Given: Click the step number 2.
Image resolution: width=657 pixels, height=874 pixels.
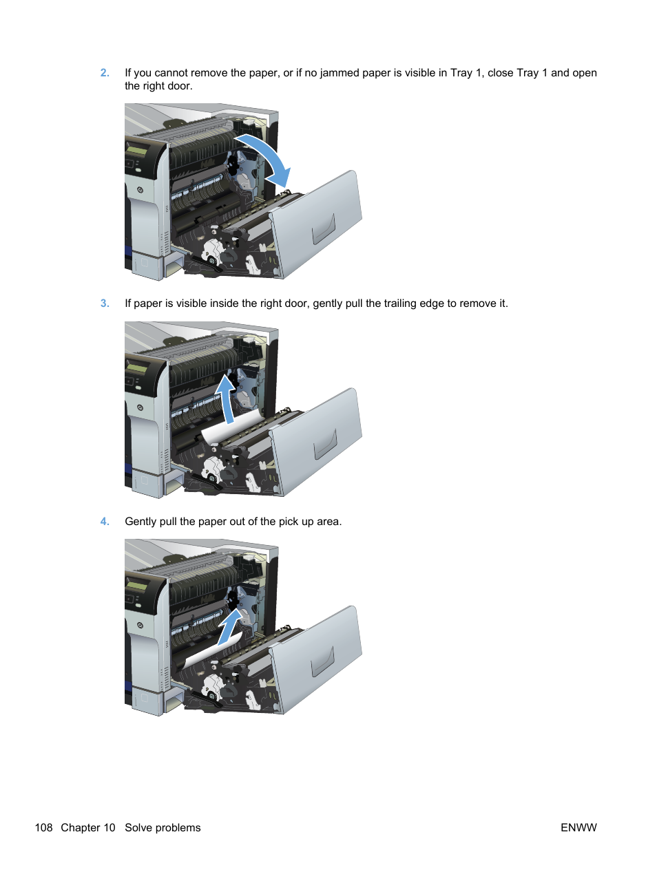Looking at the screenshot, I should coord(105,73).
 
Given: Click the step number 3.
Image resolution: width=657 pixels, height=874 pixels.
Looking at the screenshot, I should coord(105,303).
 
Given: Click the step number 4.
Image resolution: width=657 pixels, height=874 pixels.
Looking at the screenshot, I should coord(105,522).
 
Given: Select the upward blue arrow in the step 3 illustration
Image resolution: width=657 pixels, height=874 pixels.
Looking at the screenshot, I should coord(227,397).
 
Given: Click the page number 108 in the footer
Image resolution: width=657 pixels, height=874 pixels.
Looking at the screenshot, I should coord(43,828).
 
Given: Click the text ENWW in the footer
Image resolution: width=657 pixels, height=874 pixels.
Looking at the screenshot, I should coord(578,828).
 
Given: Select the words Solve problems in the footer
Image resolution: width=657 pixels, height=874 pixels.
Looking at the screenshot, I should coord(163,828).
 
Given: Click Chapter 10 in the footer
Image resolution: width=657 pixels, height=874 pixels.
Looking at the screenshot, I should coord(88,828).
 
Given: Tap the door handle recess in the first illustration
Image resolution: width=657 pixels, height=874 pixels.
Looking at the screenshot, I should coord(324,229).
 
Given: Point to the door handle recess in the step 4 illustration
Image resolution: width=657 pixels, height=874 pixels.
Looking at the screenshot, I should coord(323,662).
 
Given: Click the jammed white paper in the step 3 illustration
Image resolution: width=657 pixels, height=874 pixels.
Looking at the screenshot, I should coord(227,431).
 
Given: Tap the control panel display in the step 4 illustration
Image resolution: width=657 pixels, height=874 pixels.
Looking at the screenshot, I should coord(136,586).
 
